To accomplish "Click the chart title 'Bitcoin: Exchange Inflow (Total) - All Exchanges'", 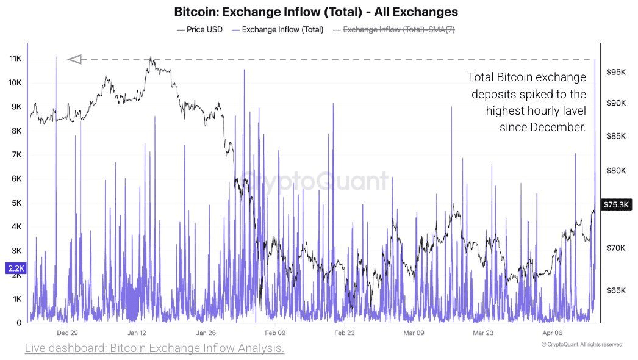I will (x=316, y=12).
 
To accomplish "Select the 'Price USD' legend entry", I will (x=199, y=29).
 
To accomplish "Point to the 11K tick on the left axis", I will (x=15, y=59).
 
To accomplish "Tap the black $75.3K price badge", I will (x=617, y=205).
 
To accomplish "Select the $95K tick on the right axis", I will (x=616, y=72).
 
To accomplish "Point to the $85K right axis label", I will (x=616, y=135).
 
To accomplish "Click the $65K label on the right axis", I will (x=616, y=290).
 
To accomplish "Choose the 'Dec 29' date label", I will (x=67, y=333).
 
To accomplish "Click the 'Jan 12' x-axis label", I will (x=137, y=333).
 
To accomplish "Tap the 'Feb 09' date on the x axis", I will (x=275, y=333).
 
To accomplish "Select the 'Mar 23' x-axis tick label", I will (x=483, y=333).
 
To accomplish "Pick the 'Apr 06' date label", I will (x=553, y=333).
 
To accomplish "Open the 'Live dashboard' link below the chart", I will (x=154, y=348).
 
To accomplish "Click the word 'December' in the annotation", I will (x=557, y=128).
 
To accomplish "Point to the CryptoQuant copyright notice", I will (x=581, y=345).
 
